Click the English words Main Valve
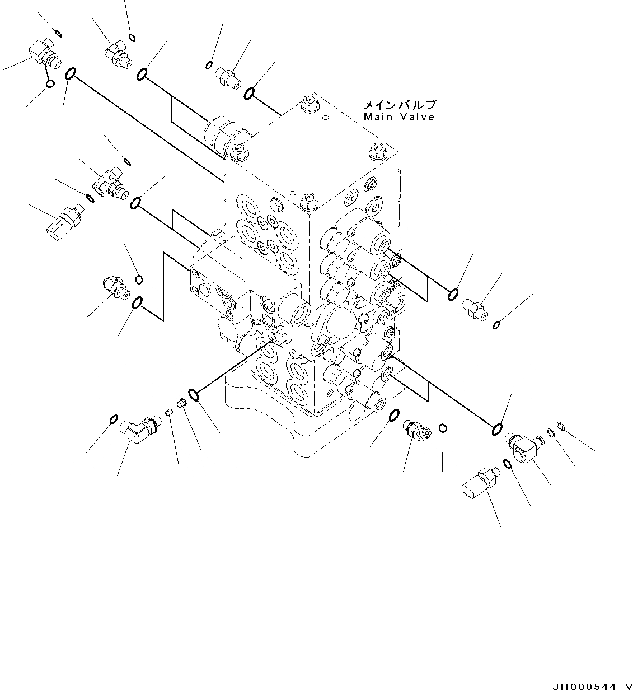click(x=398, y=117)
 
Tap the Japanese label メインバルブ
click(x=398, y=105)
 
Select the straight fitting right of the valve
click(x=475, y=308)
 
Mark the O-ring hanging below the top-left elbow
click(x=49, y=84)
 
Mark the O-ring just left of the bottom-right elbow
click(x=506, y=463)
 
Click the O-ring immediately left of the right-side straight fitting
click(x=453, y=294)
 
